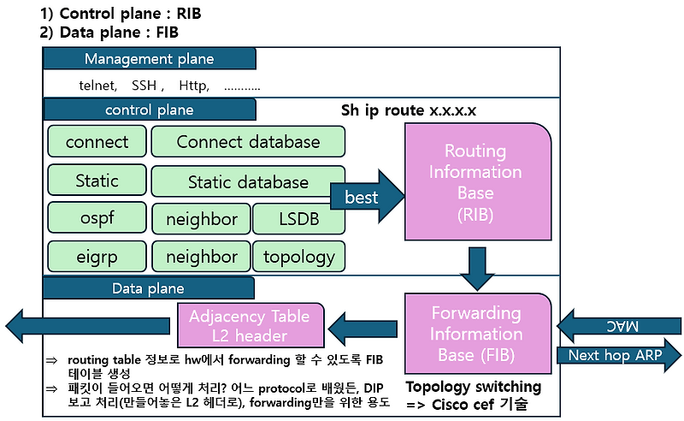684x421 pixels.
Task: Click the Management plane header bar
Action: [149, 58]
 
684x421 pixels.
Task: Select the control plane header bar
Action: [149, 110]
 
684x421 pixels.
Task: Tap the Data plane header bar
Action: [149, 288]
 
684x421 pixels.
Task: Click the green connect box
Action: [97, 142]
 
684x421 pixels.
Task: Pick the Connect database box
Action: [248, 142]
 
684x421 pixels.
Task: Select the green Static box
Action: [97, 181]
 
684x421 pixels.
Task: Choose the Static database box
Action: [248, 181]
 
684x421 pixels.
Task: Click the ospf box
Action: [97, 219]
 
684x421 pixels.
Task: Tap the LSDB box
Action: [298, 219]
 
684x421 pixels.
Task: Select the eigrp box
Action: [97, 256]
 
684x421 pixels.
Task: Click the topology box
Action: [298, 256]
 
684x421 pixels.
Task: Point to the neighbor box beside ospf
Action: [202, 219]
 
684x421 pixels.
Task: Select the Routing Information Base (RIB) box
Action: [475, 181]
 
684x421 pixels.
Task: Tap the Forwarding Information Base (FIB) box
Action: [475, 334]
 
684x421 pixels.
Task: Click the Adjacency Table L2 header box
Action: [251, 325]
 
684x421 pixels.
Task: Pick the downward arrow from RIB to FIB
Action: [475, 268]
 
